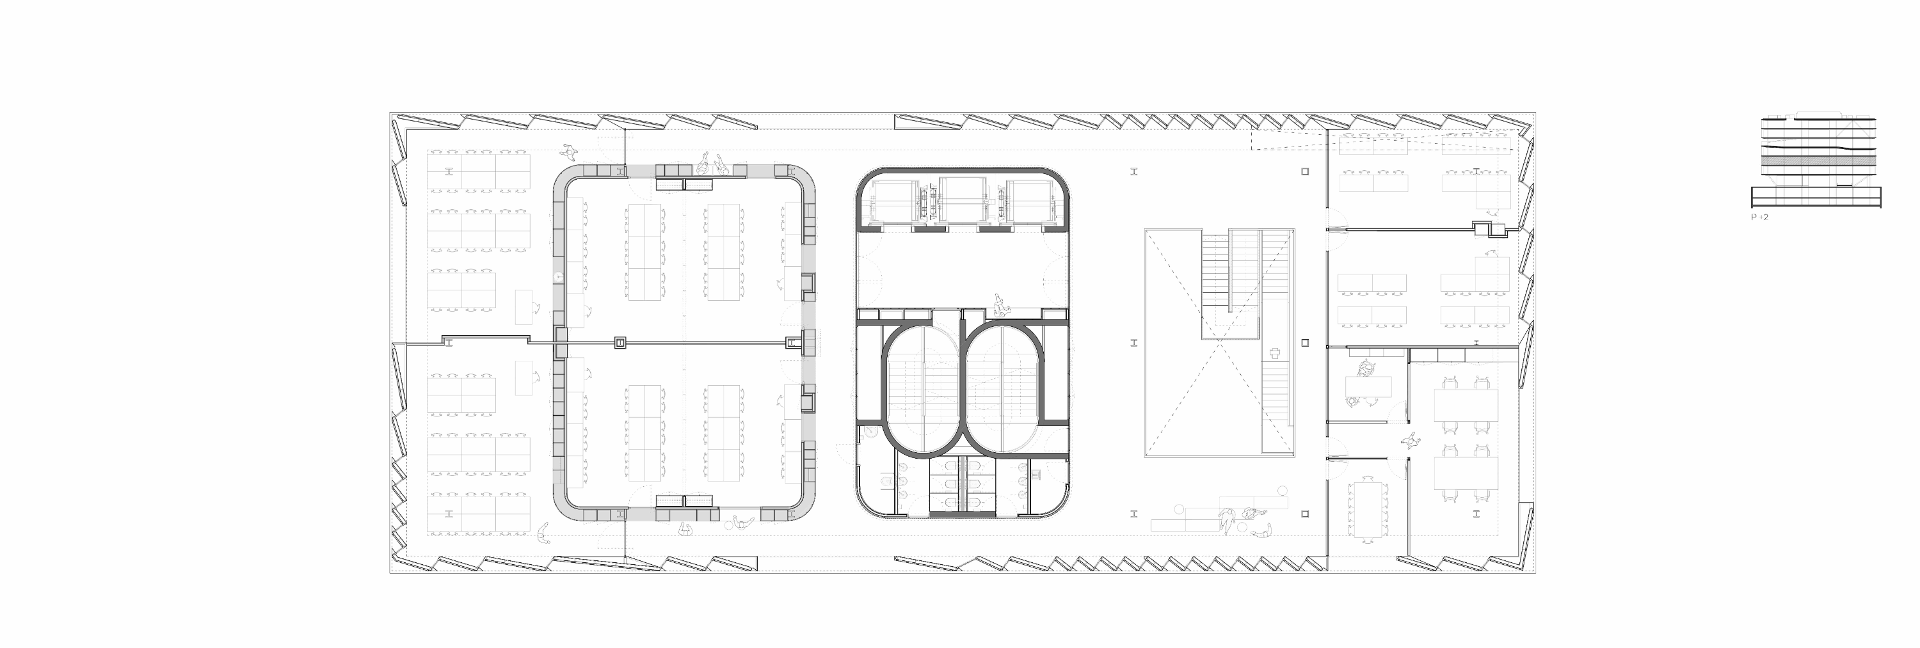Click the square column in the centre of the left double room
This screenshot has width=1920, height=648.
(x=619, y=343)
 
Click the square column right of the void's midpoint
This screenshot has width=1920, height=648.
(x=1305, y=343)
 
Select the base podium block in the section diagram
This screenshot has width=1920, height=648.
(x=1816, y=198)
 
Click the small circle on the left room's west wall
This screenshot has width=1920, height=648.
(x=558, y=276)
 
